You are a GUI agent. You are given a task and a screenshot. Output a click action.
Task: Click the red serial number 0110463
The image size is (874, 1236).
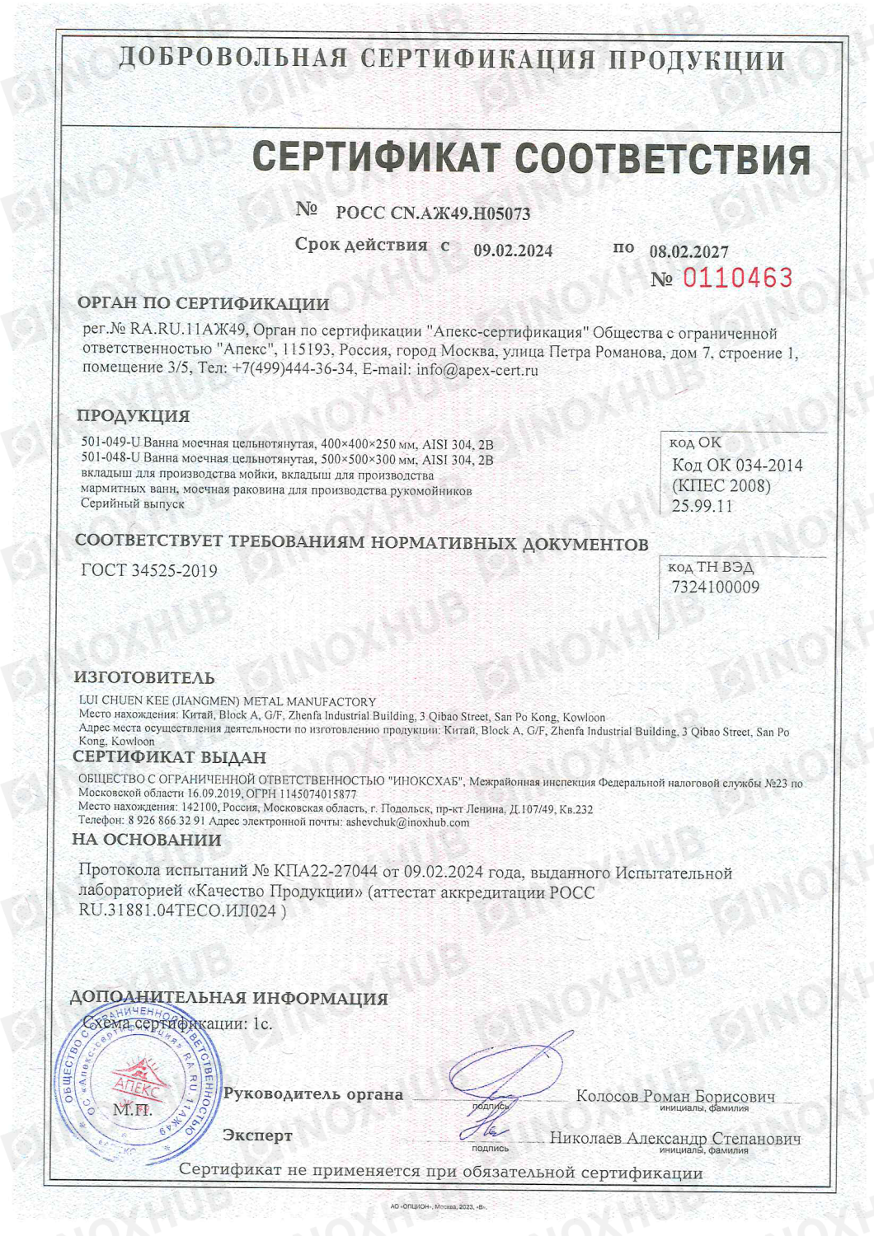coord(737,278)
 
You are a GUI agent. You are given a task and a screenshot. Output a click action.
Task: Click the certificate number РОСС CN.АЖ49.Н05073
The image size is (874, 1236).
coord(433,213)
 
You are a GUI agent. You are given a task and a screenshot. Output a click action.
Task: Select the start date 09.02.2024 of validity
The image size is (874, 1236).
coord(513,250)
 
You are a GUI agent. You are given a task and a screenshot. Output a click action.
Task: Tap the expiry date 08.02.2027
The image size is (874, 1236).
coord(689,251)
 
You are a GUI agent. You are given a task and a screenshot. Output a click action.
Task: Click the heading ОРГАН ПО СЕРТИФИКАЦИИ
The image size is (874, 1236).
coord(203,303)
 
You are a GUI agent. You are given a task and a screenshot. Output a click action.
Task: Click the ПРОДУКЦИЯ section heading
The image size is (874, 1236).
coord(133,416)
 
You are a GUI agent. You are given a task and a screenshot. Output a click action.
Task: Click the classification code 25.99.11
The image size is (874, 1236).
coord(702,506)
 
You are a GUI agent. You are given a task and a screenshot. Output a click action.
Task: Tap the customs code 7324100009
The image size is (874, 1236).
coord(716,587)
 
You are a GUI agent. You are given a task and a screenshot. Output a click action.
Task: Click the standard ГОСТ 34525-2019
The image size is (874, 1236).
coord(149,570)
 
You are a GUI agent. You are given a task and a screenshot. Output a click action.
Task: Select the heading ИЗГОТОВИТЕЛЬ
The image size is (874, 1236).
coord(144,678)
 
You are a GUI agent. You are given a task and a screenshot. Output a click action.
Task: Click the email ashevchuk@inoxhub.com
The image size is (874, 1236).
coord(407,822)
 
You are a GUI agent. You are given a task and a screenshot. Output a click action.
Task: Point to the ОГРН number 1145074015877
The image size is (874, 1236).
coord(317,794)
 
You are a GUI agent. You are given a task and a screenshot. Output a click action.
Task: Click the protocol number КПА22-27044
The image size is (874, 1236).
coord(326,872)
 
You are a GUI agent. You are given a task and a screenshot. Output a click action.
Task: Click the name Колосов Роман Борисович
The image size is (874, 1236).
coord(675,1096)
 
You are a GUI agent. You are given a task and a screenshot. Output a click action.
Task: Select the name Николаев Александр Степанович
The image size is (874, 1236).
coord(675,1138)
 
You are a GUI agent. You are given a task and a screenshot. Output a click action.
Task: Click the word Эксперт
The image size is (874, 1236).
coord(257,1135)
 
